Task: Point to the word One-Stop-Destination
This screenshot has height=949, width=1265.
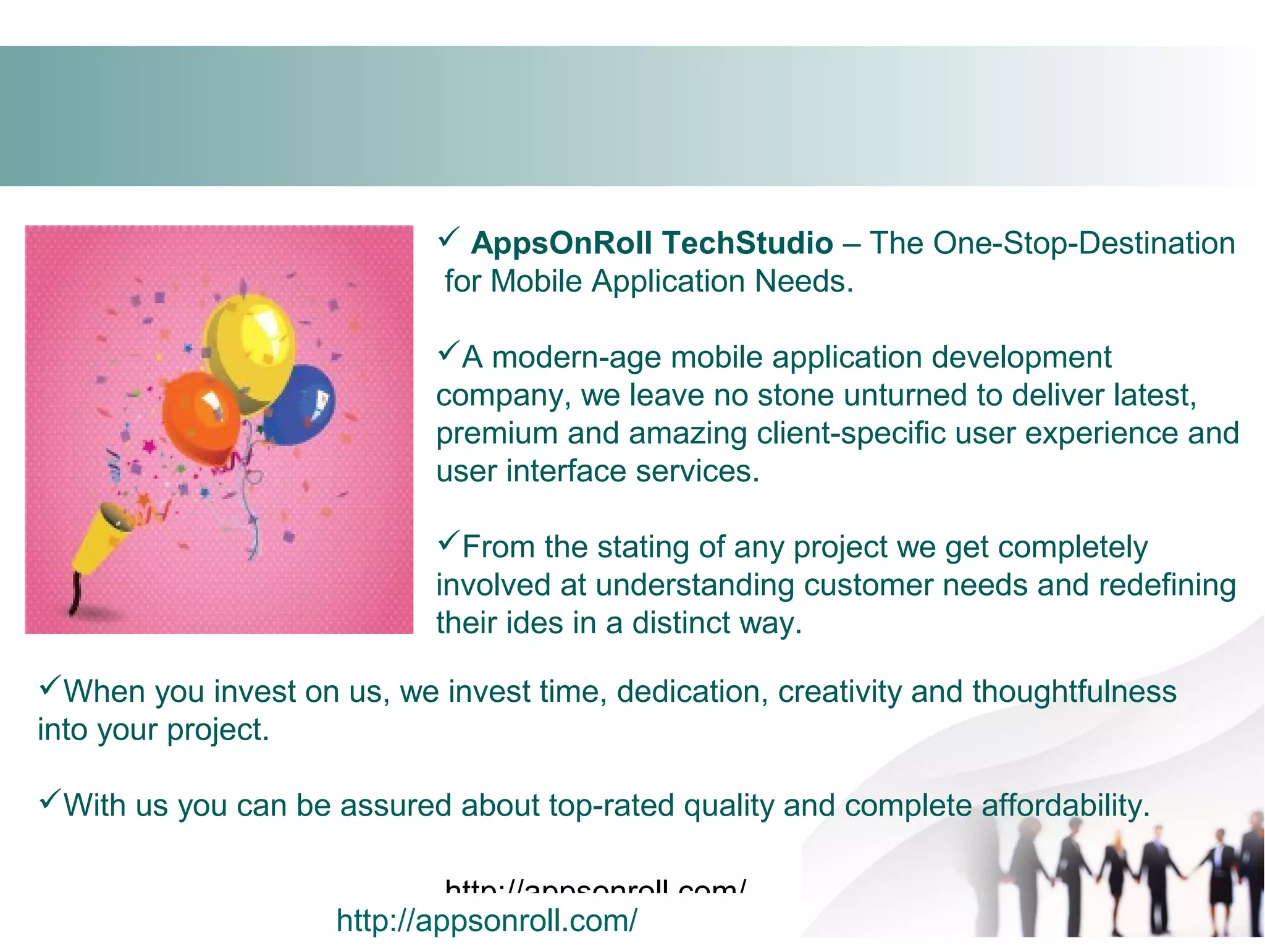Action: point(1083,243)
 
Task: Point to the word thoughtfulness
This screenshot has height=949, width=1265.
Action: point(1074,691)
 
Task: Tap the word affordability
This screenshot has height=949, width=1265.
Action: point(1065,806)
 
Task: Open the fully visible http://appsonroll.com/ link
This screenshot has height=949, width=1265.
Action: point(487,921)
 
